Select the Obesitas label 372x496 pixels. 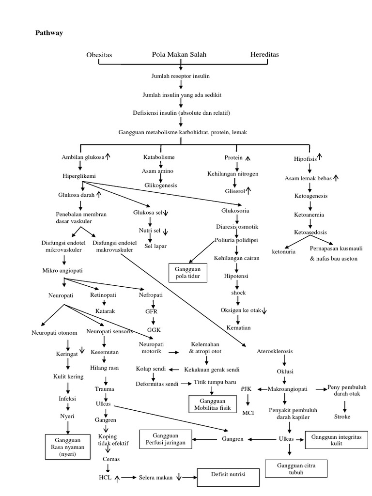[x=99, y=55]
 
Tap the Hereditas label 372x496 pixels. [x=264, y=55]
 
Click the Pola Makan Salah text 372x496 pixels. [x=179, y=54]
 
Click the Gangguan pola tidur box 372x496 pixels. [x=188, y=273]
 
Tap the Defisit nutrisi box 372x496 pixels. [x=228, y=477]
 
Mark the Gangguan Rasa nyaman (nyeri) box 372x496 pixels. [x=68, y=446]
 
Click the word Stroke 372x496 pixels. [x=342, y=417]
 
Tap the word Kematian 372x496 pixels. [x=238, y=328]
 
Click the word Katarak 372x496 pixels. [x=105, y=311]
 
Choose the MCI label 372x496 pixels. [x=248, y=413]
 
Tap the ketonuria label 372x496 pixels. [x=284, y=252]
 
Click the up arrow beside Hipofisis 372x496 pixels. [x=320, y=157]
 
